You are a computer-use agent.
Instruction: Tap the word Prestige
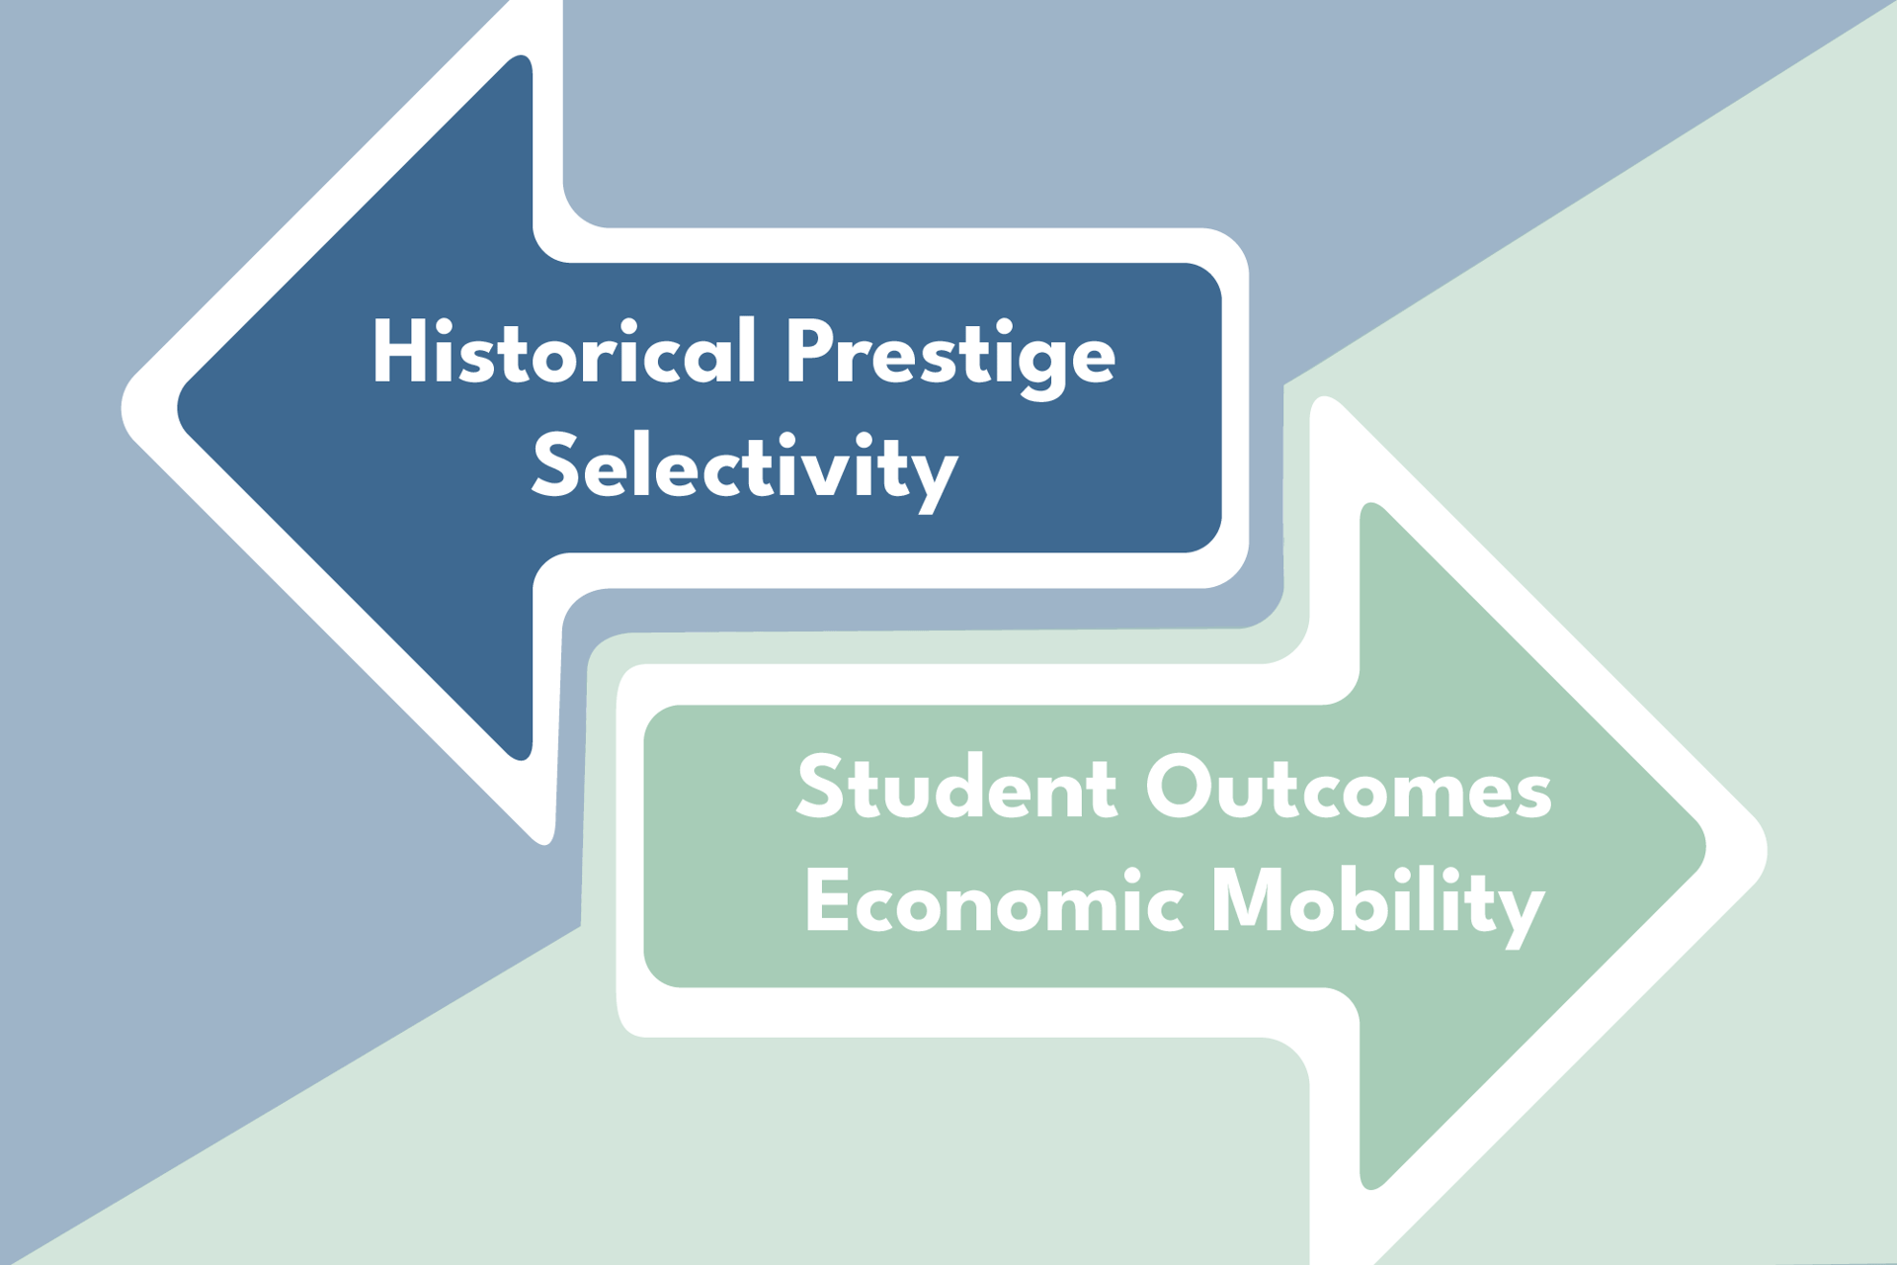(950, 359)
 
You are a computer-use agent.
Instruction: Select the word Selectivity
(745, 470)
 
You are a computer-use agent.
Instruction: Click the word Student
(956, 788)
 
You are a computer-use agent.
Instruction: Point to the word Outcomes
(1349, 788)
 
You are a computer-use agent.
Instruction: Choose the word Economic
(994, 900)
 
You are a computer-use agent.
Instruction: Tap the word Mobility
(1377, 905)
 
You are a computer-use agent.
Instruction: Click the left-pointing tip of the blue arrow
(178, 407)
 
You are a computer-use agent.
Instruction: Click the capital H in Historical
(399, 351)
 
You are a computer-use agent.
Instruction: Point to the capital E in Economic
(827, 900)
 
